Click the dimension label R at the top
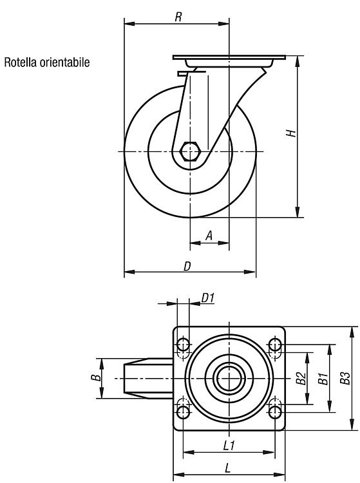point(178,17)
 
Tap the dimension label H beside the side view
point(291,133)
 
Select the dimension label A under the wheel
point(209,236)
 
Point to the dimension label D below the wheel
point(187,266)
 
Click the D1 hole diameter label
point(208,298)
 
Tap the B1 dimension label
point(323,378)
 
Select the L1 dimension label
point(229,446)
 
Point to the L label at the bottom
point(227,468)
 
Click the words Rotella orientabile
point(47,62)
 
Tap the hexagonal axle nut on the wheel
point(191,151)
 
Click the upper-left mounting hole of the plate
point(184,345)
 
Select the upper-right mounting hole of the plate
point(275,345)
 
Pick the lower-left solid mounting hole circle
point(184,412)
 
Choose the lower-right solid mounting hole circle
point(275,412)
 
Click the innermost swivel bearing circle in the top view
point(229,378)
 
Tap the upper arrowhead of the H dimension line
point(298,61)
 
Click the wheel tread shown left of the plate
point(148,378)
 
